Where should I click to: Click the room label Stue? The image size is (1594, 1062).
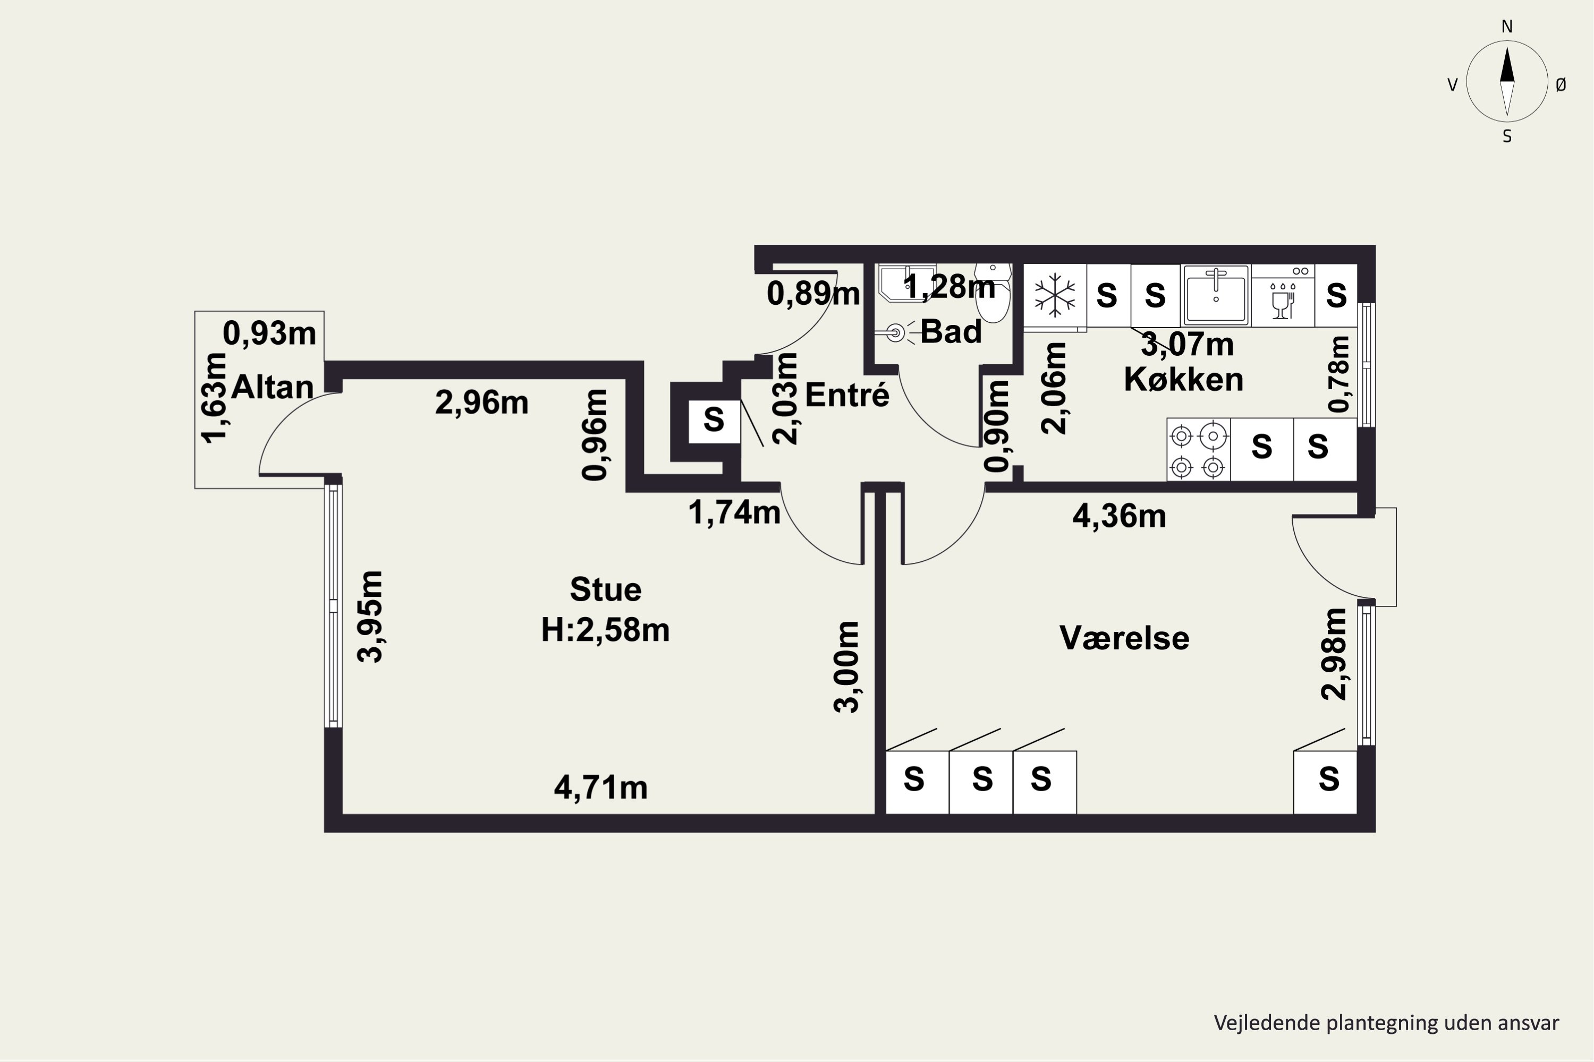(x=605, y=589)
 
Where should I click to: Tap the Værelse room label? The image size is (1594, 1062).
(x=1124, y=638)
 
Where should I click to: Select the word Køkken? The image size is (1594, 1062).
(x=1183, y=379)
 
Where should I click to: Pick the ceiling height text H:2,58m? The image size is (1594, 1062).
(x=605, y=630)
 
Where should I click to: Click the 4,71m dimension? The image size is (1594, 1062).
(x=600, y=787)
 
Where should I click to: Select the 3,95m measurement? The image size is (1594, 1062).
(x=371, y=616)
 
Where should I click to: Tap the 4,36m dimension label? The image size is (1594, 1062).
(x=1119, y=517)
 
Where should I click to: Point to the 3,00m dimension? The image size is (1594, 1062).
(x=846, y=666)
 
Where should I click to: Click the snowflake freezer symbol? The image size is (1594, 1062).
(x=1055, y=295)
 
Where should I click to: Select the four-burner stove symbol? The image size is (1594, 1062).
(x=1198, y=450)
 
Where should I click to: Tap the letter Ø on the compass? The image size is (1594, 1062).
(x=1561, y=84)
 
